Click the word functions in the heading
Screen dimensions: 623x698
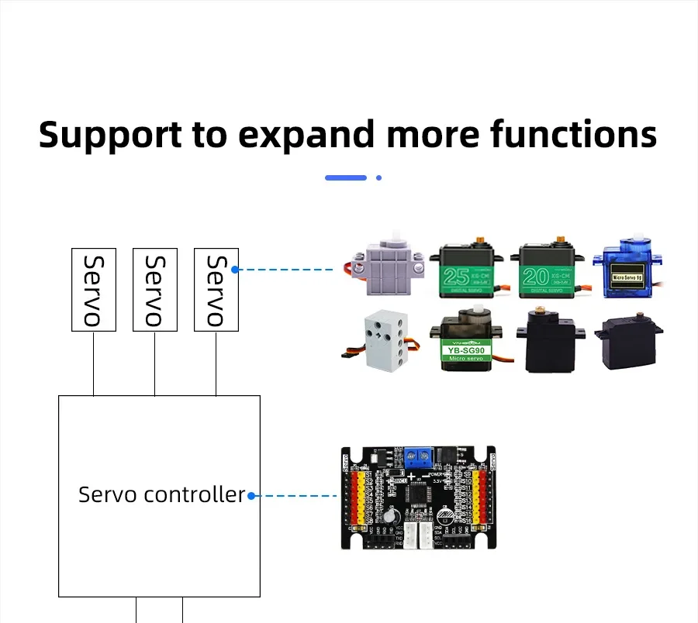tap(573, 135)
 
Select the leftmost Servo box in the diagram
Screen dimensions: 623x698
tap(93, 290)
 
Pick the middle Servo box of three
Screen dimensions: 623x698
tap(155, 290)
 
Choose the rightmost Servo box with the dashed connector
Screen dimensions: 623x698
tap(216, 290)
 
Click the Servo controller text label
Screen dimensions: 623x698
tap(161, 494)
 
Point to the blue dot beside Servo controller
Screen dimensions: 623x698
tap(251, 496)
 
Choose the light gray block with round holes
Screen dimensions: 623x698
tap(381, 342)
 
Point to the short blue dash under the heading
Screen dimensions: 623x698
tap(346, 177)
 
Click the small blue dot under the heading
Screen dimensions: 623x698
tap(378, 177)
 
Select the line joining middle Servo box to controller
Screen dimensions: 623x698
tap(155, 363)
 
